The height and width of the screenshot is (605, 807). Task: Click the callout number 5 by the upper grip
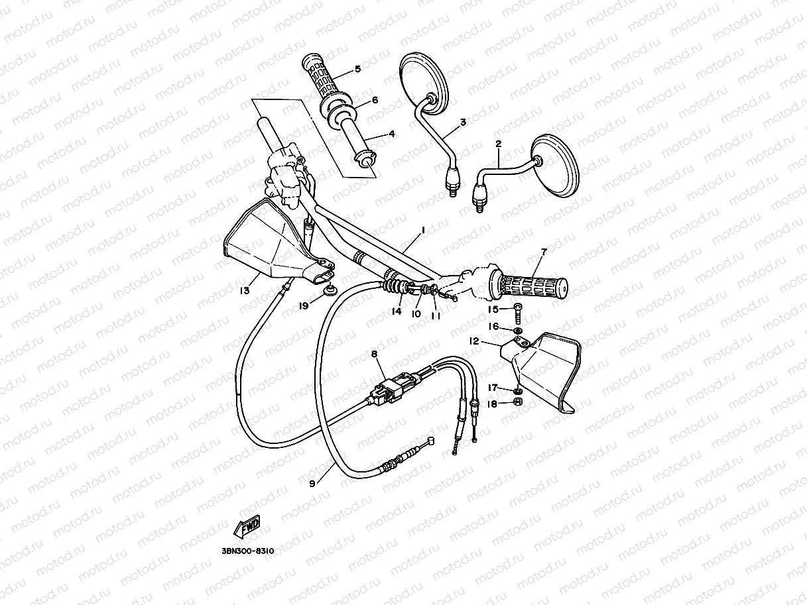[357, 69]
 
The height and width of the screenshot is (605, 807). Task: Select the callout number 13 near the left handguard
[245, 290]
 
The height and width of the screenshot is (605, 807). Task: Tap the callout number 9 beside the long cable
[312, 483]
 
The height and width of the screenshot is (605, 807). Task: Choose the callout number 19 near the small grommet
[304, 306]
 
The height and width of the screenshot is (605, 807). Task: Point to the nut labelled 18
[519, 402]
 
